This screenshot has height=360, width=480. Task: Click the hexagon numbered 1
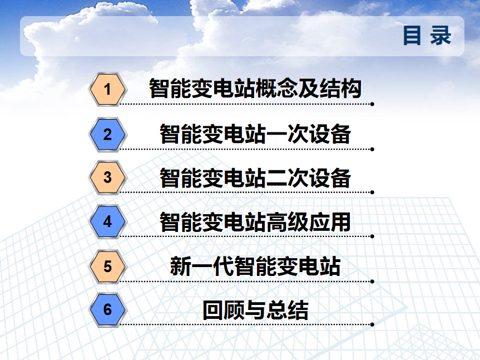[107, 90]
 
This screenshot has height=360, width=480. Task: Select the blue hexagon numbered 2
[107, 135]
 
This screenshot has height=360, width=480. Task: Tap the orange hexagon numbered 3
[107, 177]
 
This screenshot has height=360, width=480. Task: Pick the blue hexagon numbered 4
[107, 221]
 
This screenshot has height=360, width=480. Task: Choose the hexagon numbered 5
[107, 267]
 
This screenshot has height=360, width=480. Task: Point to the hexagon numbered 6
[107, 309]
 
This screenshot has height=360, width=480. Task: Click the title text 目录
[427, 36]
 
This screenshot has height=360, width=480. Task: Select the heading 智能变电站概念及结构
[255, 88]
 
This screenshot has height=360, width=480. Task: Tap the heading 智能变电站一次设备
[255, 134]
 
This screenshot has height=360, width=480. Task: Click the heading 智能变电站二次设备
[255, 178]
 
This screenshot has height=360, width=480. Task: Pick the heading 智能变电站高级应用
[255, 222]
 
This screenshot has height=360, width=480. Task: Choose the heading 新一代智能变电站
[255, 266]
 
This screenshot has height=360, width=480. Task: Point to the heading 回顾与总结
[255, 310]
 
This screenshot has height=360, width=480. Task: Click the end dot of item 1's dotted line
[372, 104]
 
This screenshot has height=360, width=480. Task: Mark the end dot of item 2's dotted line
[372, 149]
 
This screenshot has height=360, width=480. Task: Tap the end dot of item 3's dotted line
[372, 193]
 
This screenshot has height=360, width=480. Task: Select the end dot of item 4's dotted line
[372, 236]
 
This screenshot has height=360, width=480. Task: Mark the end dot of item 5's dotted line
[372, 282]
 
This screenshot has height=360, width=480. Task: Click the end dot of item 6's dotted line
[372, 324]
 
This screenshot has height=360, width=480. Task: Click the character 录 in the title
[441, 36]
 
